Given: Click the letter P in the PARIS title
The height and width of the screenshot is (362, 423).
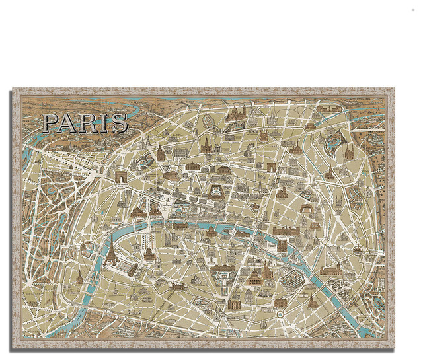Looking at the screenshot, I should pyautogui.click(x=51, y=123).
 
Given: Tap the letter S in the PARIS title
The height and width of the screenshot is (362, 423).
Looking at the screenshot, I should pyautogui.click(x=119, y=123).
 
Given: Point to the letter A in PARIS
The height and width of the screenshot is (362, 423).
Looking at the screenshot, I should pyautogui.click(x=69, y=123).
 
